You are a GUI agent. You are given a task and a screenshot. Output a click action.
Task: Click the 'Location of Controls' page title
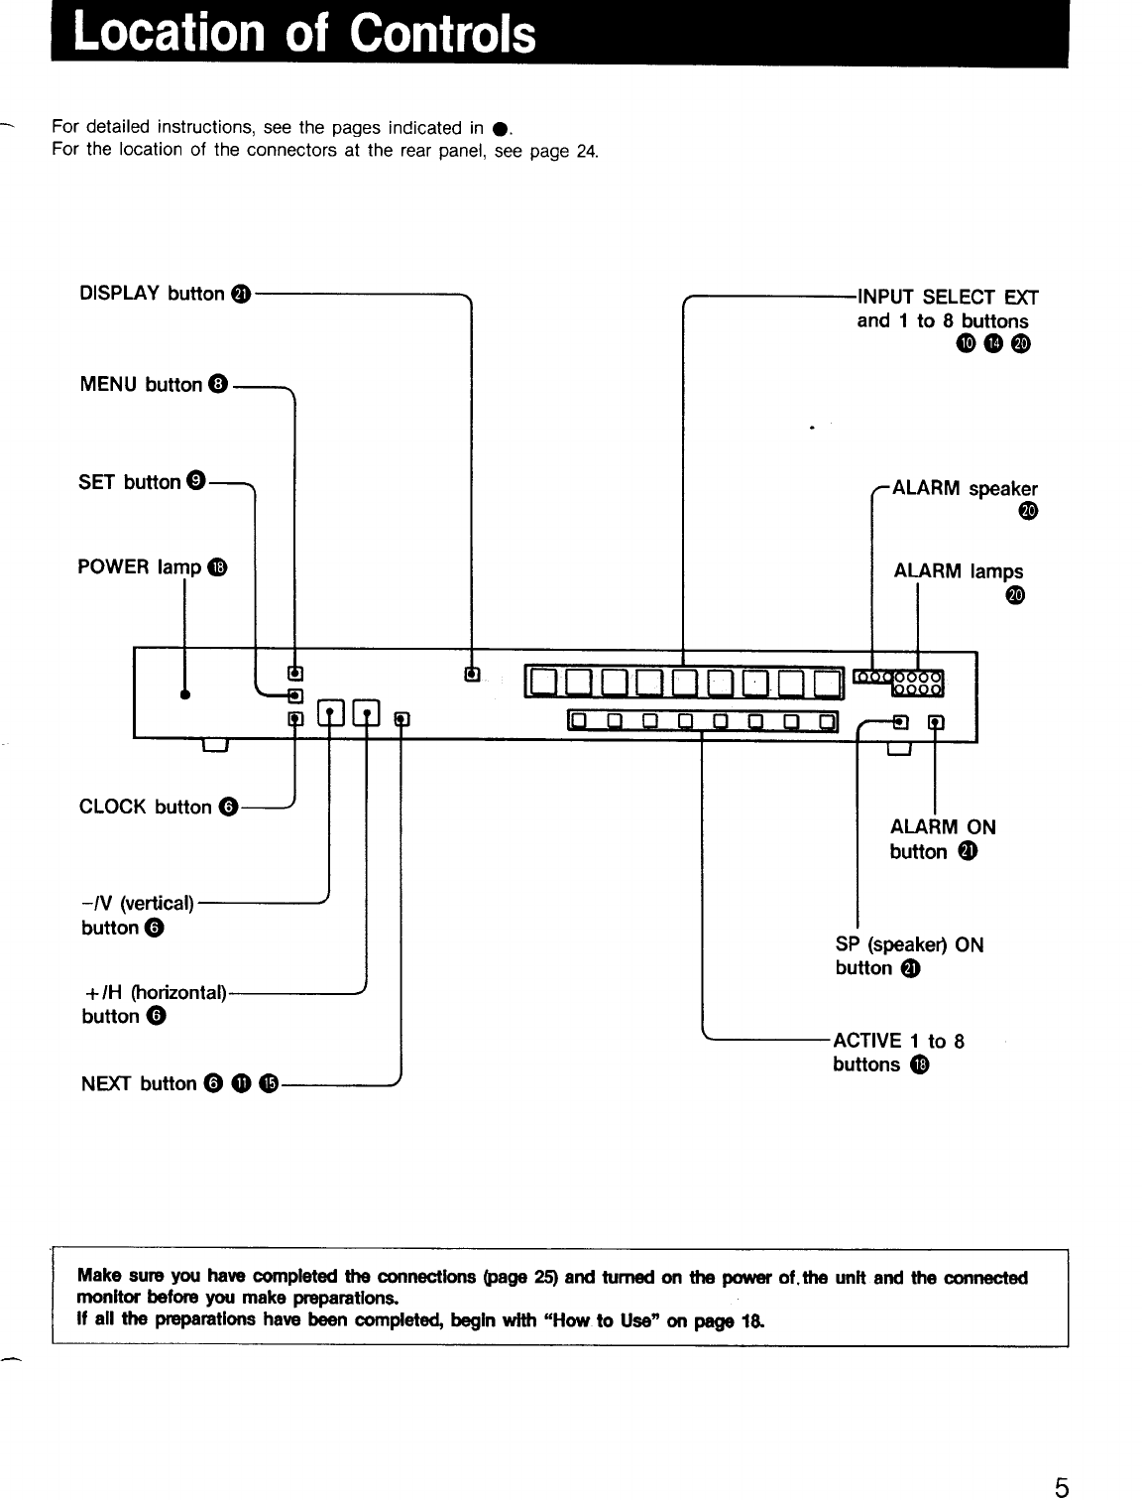coord(305,35)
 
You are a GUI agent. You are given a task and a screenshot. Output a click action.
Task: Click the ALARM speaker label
coord(965,489)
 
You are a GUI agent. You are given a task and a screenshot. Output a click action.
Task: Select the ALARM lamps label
coord(959,571)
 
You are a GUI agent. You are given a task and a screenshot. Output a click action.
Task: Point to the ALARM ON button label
coord(942,839)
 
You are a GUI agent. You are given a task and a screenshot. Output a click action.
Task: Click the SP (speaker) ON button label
coord(909,956)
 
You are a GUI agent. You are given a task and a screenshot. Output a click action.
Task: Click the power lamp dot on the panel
coord(184,694)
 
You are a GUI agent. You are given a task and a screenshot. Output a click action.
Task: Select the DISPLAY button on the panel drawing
coord(472,676)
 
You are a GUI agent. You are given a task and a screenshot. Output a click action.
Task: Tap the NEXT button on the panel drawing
coord(400,719)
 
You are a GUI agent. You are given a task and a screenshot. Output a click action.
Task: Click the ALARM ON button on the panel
coord(936,721)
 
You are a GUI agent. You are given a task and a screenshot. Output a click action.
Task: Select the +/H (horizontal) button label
coord(154,1003)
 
